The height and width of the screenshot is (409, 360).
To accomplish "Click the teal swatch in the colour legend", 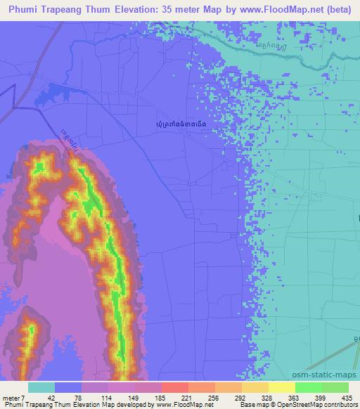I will pos(41,387).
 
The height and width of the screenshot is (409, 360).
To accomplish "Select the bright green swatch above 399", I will pos(309,387).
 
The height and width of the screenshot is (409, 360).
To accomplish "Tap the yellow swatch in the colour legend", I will pos(282,387).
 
